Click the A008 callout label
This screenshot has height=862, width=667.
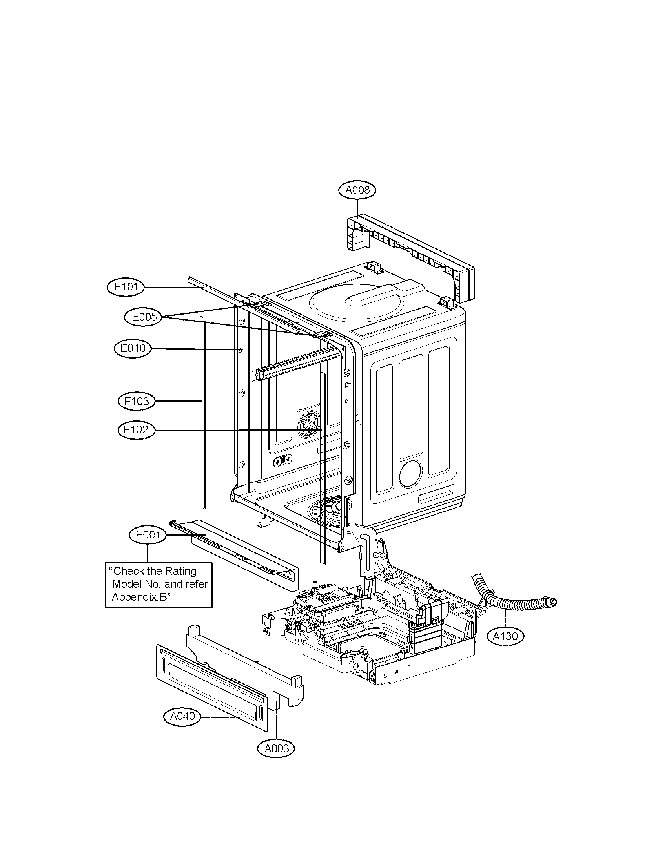click(357, 190)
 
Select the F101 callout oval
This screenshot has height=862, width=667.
click(126, 286)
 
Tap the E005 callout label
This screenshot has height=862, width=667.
click(144, 317)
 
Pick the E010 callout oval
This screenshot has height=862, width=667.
click(133, 348)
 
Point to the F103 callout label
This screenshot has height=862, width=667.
click(136, 401)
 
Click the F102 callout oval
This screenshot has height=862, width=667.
click(136, 429)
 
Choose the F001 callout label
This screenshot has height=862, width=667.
click(148, 535)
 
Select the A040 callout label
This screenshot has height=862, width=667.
click(182, 716)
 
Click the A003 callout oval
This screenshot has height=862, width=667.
click(276, 748)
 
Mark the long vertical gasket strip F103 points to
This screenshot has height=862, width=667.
click(203, 411)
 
